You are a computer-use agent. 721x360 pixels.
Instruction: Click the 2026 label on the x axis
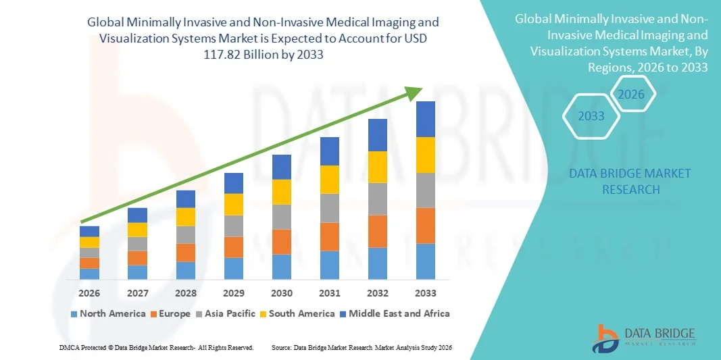click(89, 293)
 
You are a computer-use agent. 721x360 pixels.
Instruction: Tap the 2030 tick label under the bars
click(282, 293)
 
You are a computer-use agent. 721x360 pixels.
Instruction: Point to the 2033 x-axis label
click(426, 293)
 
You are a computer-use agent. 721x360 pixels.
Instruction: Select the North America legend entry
click(107, 313)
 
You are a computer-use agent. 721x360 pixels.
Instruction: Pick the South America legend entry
click(297, 313)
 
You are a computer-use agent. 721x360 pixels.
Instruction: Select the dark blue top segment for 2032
click(378, 135)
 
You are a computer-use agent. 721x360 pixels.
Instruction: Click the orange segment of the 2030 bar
click(282, 241)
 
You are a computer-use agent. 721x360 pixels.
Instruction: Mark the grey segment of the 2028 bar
click(186, 234)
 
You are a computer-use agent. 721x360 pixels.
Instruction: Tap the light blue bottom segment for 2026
click(89, 274)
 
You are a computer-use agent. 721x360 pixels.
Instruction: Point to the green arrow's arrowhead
click(416, 93)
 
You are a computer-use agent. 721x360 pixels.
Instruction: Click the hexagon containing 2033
click(591, 116)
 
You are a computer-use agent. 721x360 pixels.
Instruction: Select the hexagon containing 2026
click(632, 94)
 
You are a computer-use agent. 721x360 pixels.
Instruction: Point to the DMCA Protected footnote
click(156, 347)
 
